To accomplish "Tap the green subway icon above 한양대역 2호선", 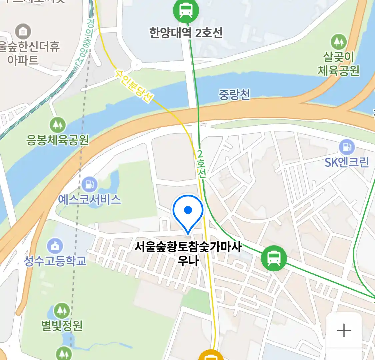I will [x=186, y=11].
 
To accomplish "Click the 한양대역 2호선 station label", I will [x=186, y=33].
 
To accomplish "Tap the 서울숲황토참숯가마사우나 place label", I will [x=188, y=253].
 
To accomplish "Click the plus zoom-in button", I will [x=344, y=330].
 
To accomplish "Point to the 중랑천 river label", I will [x=234, y=95].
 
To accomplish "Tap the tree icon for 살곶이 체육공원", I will [x=339, y=42].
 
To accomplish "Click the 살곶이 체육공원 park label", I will [x=339, y=64].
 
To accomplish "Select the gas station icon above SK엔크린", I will [x=347, y=147].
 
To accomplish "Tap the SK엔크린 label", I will [x=347, y=162].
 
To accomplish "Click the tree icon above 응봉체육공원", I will [x=58, y=125].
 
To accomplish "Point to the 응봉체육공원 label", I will [x=58, y=140].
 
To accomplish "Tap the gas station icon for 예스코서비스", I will [x=89, y=184].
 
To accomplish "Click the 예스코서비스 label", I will [x=89, y=199].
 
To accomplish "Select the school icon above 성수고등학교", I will [x=55, y=246].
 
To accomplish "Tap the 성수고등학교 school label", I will [x=55, y=260].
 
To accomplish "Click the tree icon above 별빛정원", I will [x=62, y=311].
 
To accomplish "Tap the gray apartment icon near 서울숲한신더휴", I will [x=23, y=32].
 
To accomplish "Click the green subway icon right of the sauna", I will [x=274, y=258].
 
